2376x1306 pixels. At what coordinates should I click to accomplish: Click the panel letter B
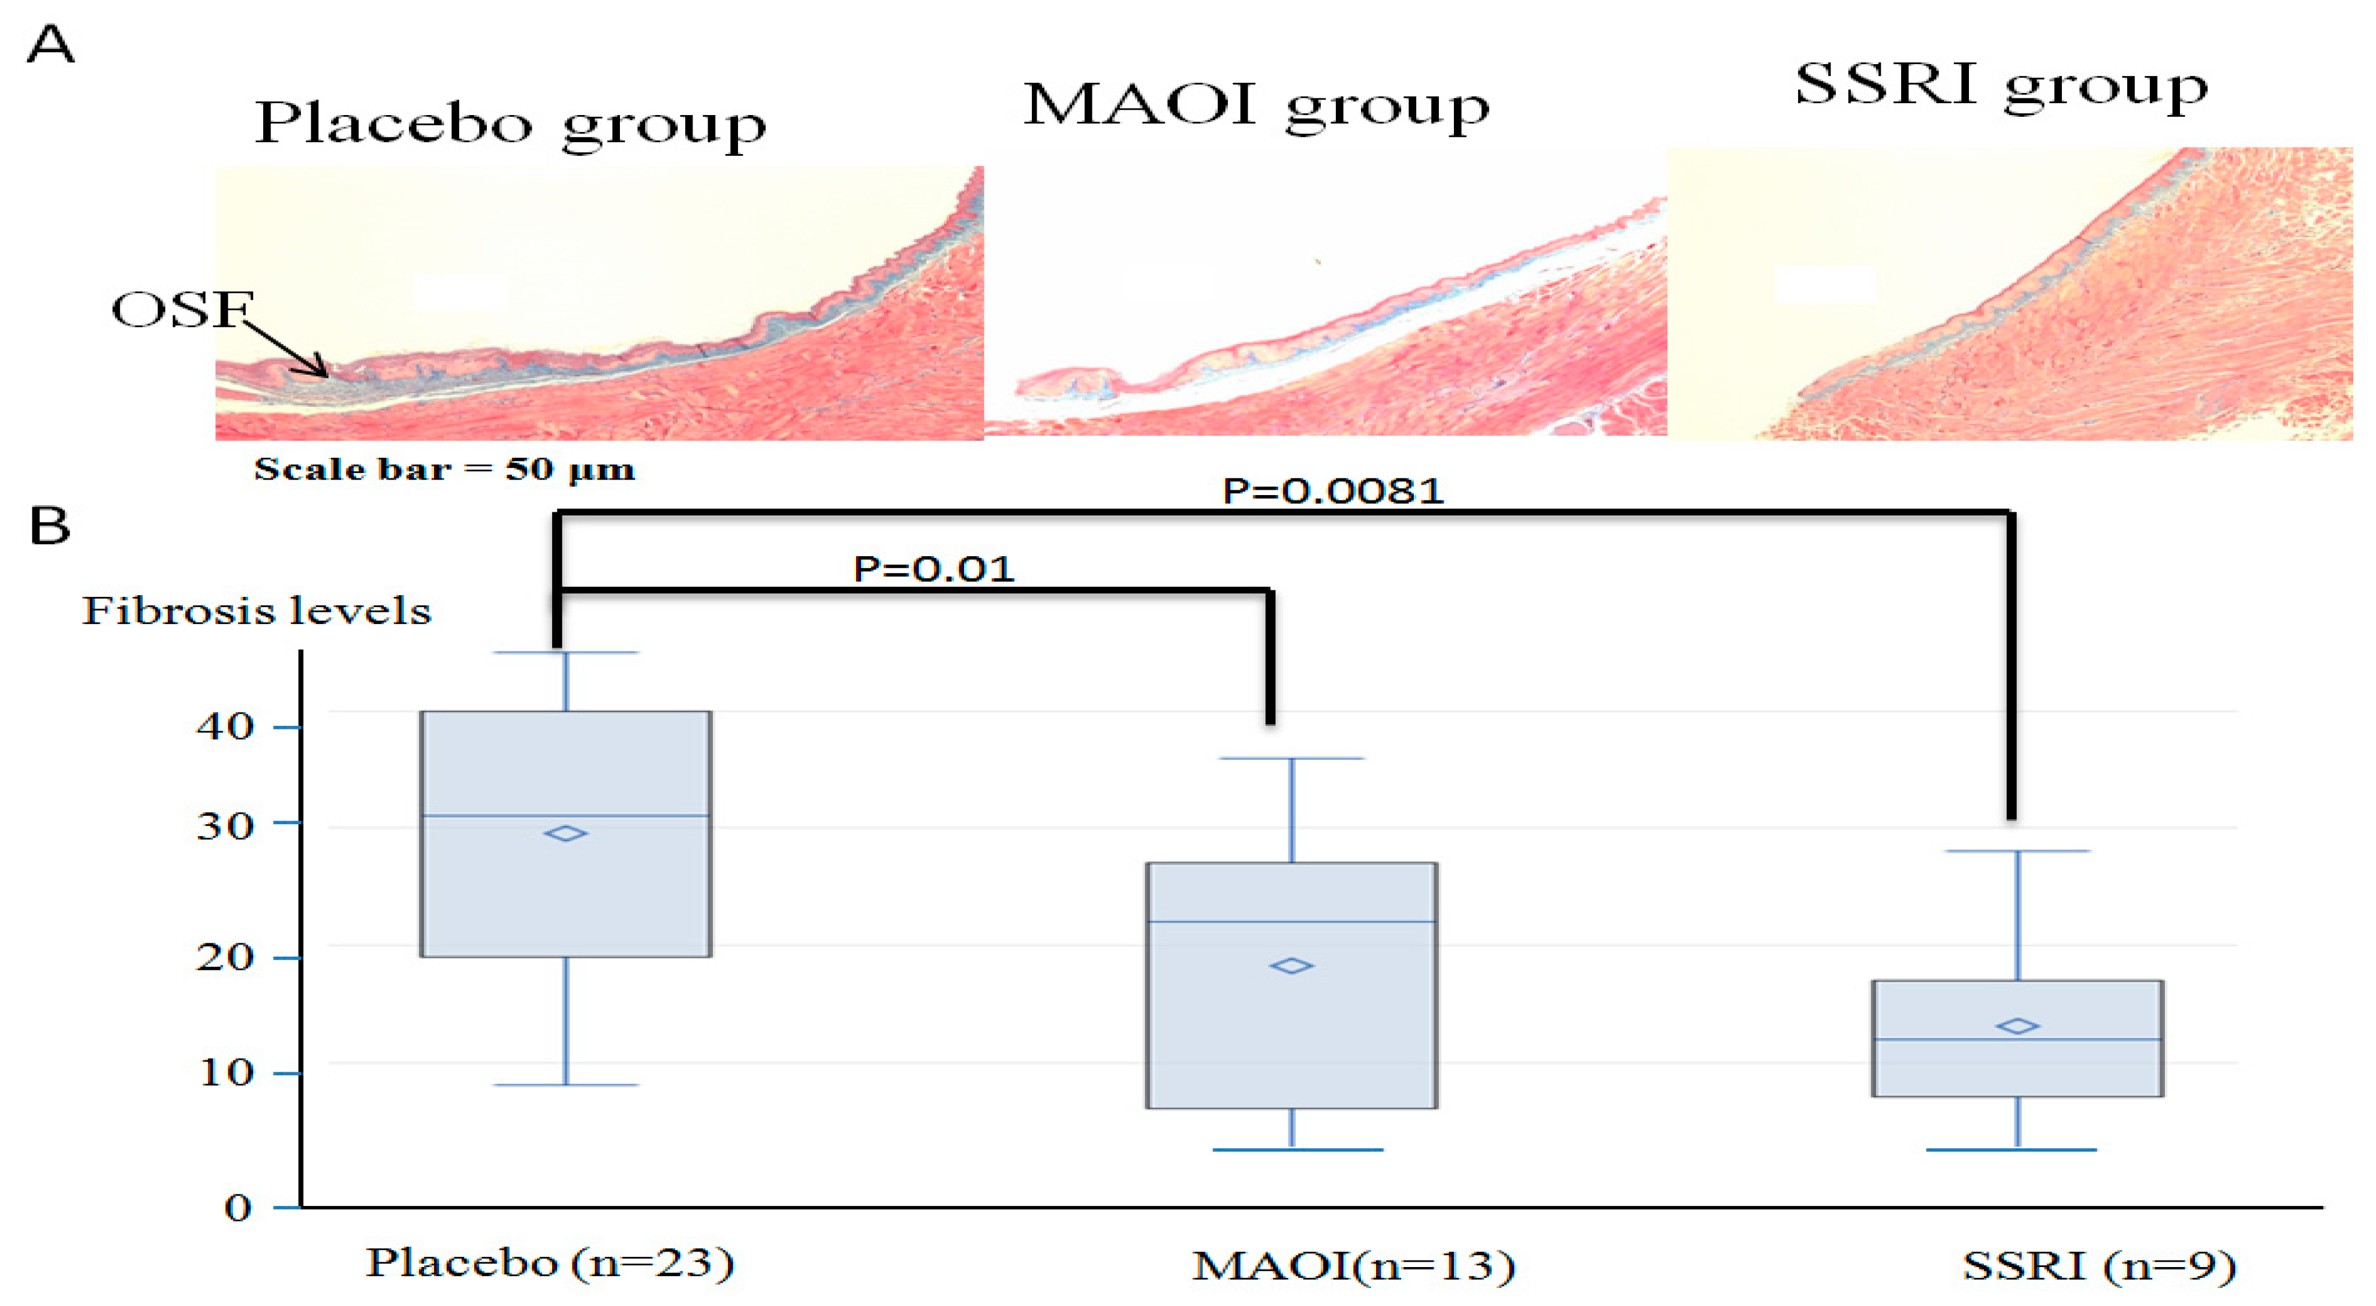click(50, 526)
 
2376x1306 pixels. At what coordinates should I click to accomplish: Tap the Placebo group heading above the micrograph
click(510, 125)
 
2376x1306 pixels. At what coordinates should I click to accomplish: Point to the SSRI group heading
click(2001, 86)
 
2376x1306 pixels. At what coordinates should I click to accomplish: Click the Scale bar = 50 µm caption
click(445, 469)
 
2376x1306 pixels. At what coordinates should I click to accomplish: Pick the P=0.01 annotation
click(933, 568)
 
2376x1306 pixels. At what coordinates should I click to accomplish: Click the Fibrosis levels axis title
click(257, 611)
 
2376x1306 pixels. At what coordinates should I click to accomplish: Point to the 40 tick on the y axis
click(224, 727)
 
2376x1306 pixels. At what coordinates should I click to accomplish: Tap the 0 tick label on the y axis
click(238, 1207)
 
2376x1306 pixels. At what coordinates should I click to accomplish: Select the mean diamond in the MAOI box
click(1291, 966)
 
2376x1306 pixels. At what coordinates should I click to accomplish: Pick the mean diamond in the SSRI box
click(2017, 1026)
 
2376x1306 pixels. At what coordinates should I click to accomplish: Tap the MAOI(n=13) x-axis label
click(1353, 1265)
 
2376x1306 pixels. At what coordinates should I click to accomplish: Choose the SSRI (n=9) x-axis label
click(2098, 1265)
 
